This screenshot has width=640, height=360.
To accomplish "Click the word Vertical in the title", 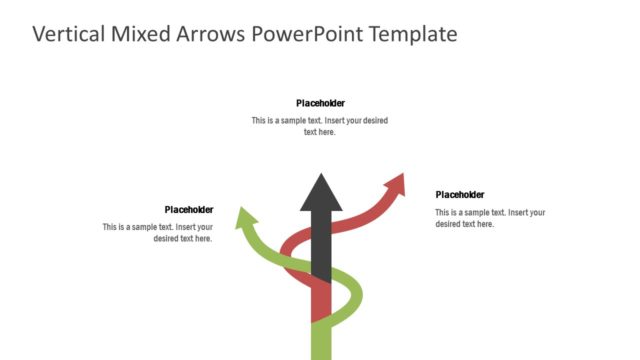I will [67, 34].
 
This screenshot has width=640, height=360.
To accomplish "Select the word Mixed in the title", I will [139, 34].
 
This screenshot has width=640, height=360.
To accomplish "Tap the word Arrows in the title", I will [209, 34].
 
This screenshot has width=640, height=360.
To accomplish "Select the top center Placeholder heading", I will [320, 103].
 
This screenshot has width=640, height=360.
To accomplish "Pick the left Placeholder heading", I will [188, 209].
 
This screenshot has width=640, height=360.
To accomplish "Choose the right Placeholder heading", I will [460, 195].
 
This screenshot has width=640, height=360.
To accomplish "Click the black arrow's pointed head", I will [321, 191].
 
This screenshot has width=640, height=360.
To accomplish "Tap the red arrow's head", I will [396, 184].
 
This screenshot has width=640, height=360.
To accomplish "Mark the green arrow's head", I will [243, 217].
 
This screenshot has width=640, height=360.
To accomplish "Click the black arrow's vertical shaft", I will [321, 245].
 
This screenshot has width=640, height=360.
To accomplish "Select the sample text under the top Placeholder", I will [320, 126].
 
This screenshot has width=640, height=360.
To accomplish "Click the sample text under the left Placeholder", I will [158, 233].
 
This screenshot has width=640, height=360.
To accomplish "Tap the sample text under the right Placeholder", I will [490, 218].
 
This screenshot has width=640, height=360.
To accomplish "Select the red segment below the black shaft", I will [321, 301].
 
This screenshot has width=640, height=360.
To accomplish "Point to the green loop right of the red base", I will [350, 295].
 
